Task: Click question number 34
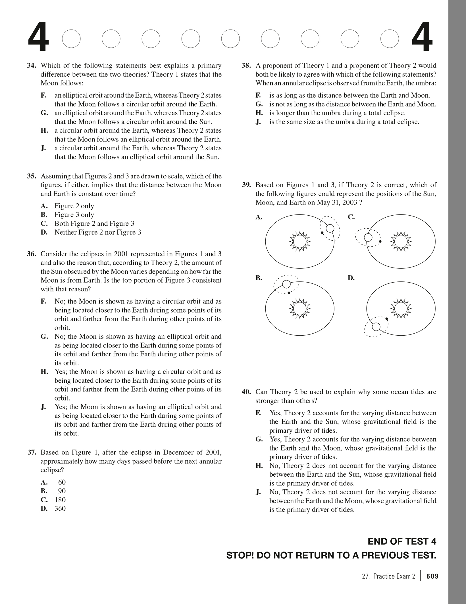tap(31, 66)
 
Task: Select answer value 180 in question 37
tap(60, 500)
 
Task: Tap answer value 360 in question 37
tap(60, 508)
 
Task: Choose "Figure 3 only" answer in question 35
tap(74, 215)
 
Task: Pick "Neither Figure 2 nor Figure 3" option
tap(98, 232)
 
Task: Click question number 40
tap(246, 392)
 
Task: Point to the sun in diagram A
tap(300, 242)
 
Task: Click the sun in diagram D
tap(401, 309)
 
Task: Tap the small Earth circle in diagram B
tap(286, 284)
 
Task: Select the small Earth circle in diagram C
tap(368, 237)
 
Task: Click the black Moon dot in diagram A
tap(322, 233)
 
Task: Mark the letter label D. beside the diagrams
tap(351, 278)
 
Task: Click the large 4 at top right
tap(422, 38)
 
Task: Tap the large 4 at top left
tap(38, 38)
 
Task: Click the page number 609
tap(432, 576)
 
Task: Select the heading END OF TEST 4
tap(402, 542)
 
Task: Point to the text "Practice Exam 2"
tap(394, 576)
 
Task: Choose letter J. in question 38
tap(258, 122)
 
